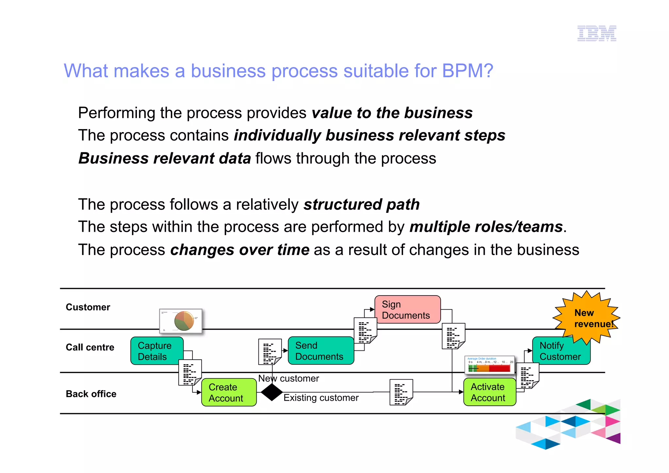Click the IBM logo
click(596, 33)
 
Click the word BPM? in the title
click(467, 71)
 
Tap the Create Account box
click(229, 392)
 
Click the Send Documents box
click(321, 351)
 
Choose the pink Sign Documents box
click(407, 310)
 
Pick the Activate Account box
click(489, 392)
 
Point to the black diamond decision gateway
click(272, 392)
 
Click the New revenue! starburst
click(587, 318)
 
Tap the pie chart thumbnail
click(181, 321)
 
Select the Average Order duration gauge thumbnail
click(489, 365)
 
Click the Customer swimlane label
click(88, 307)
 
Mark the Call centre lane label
click(90, 347)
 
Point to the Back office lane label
click(91, 394)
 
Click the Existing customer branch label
click(321, 398)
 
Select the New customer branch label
click(289, 378)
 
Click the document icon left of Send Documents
click(270, 352)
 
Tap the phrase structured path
click(361, 205)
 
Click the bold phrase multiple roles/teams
click(486, 227)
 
